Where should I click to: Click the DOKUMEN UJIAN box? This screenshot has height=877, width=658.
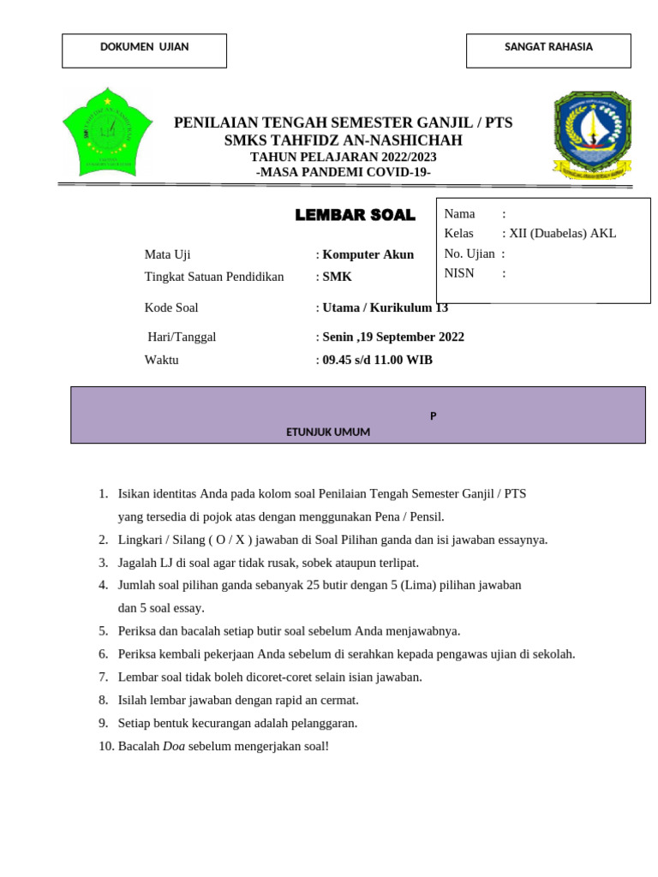(144, 51)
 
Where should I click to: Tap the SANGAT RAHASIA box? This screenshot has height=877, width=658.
(548, 51)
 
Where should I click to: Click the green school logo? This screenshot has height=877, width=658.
(107, 132)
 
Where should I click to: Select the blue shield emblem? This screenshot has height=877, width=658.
(591, 135)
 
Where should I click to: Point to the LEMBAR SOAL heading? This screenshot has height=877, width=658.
(355, 216)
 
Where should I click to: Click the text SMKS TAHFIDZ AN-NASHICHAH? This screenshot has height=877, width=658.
(343, 140)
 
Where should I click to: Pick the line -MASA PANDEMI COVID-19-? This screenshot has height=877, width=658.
(343, 172)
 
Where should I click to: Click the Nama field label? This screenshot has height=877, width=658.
(459, 213)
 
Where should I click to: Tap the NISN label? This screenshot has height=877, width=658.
(458, 273)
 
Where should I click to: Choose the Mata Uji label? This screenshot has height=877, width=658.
(168, 254)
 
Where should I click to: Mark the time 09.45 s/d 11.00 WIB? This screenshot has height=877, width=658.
(377, 360)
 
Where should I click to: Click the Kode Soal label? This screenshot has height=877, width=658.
(171, 307)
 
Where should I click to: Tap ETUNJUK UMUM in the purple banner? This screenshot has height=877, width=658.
(328, 433)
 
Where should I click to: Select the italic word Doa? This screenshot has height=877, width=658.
(174, 746)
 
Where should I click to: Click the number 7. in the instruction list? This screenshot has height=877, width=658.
(103, 677)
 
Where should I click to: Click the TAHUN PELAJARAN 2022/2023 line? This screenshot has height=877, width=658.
(343, 157)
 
